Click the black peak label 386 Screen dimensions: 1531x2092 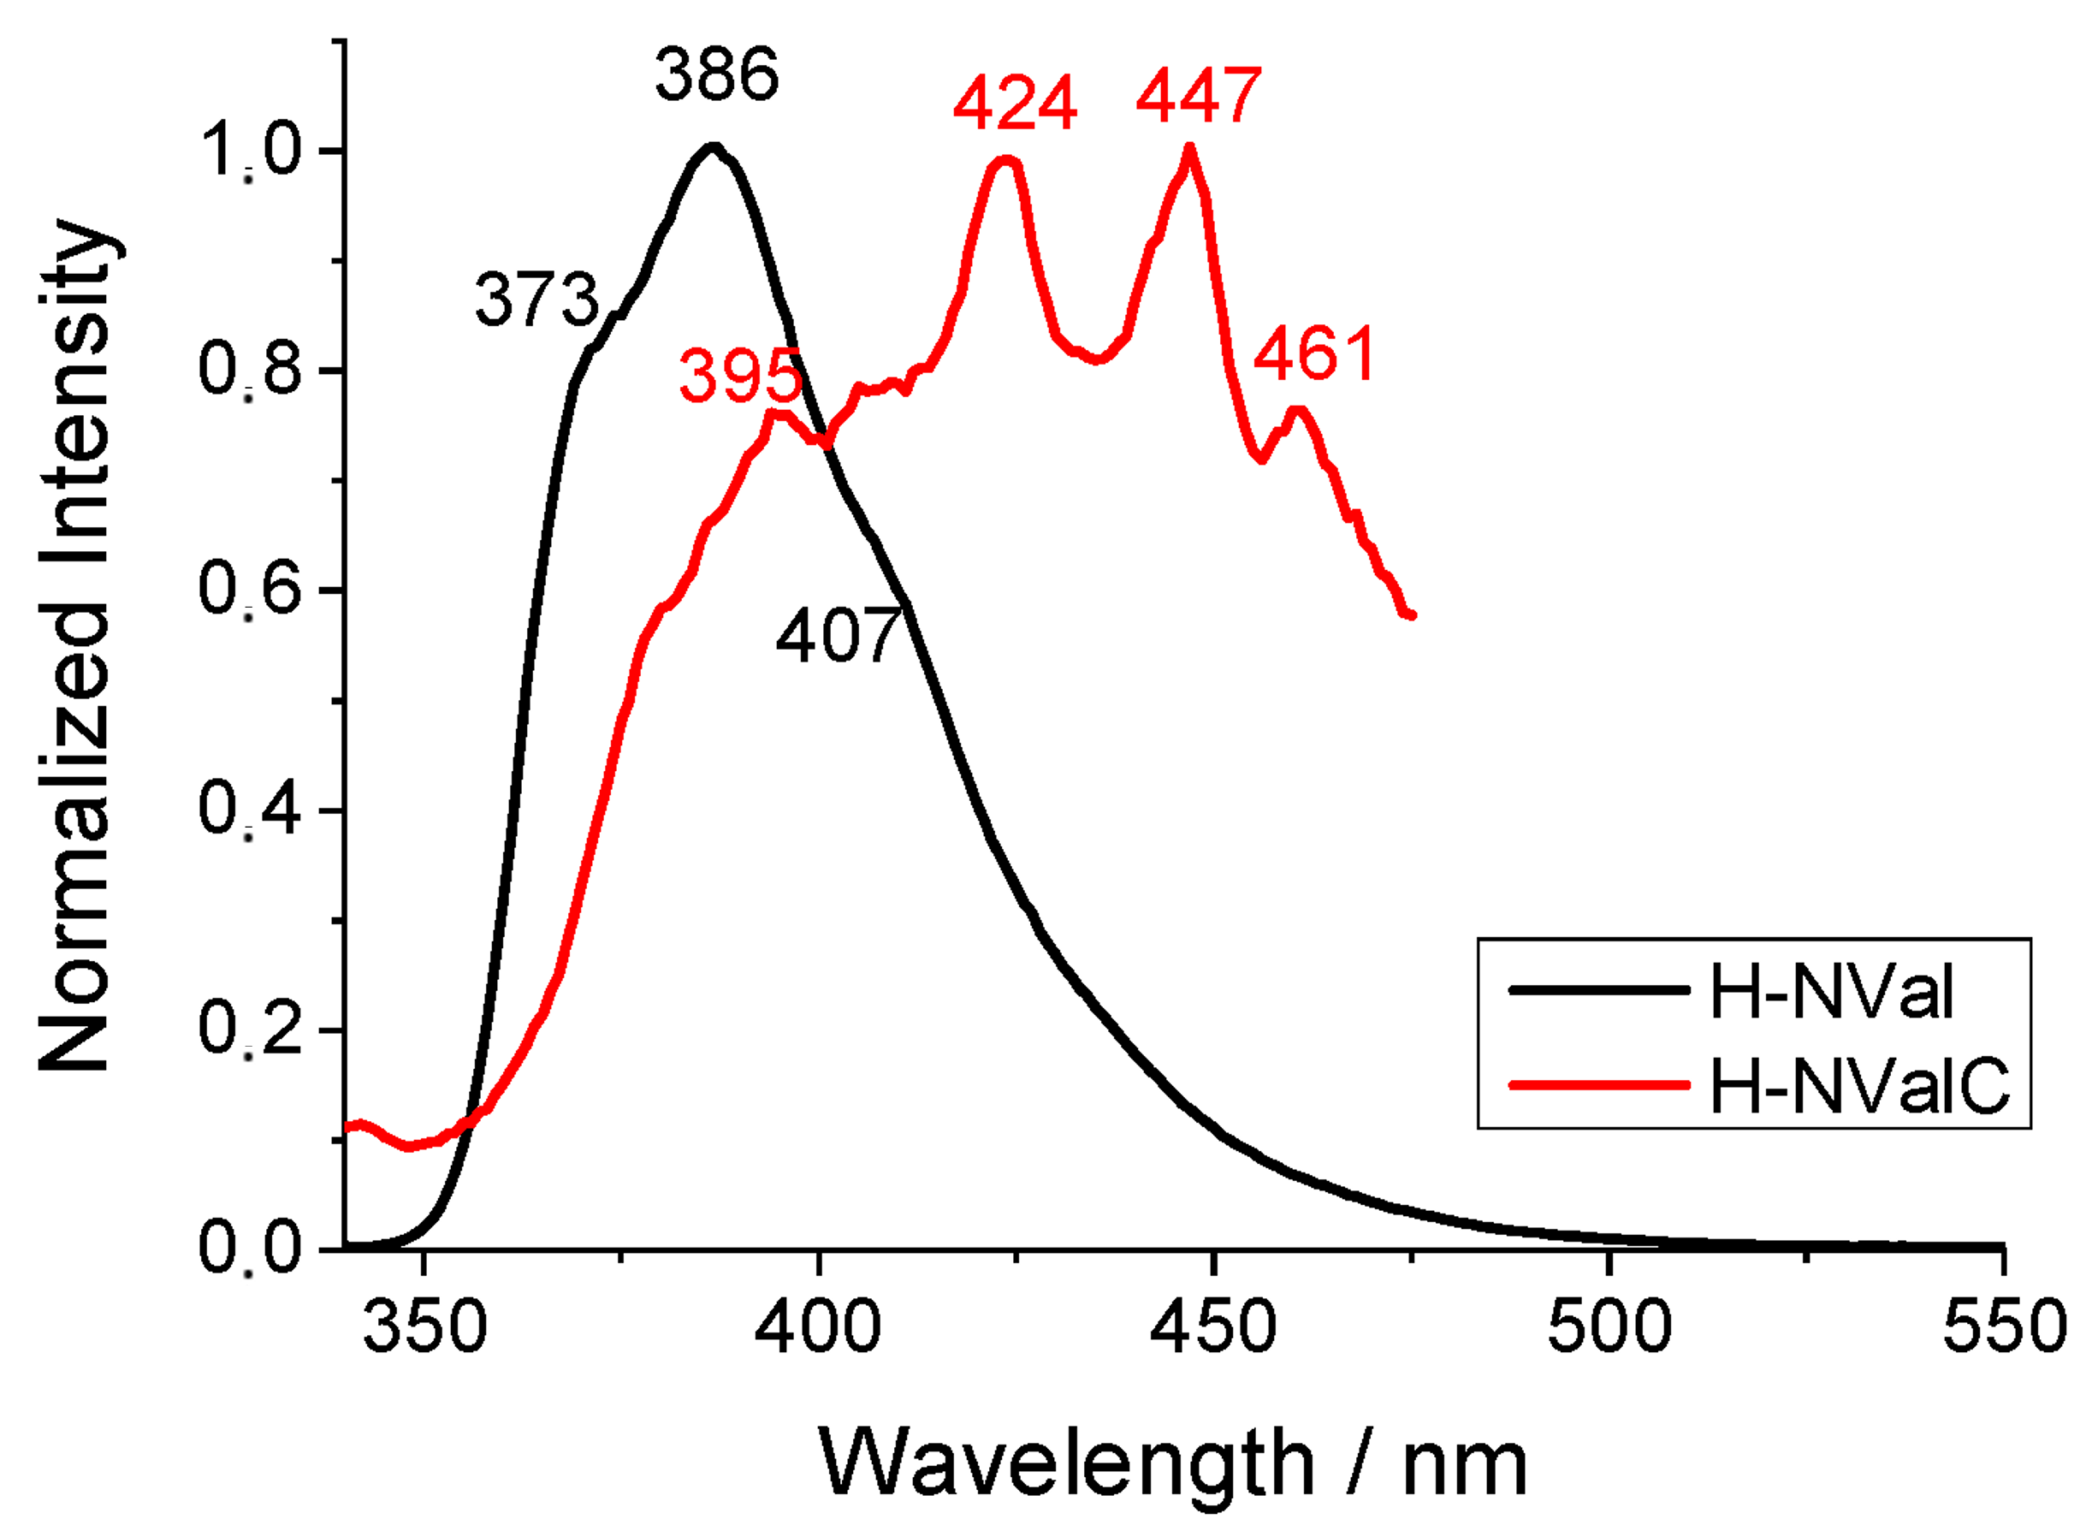[x=716, y=75]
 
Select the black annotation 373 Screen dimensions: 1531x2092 [x=536, y=300]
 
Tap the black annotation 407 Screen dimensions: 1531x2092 [x=838, y=637]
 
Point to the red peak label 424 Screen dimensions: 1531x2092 [x=1015, y=103]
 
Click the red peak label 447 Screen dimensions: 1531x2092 [x=1198, y=96]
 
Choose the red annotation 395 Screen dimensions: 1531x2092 [x=739, y=377]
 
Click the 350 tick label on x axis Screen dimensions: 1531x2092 [x=424, y=1326]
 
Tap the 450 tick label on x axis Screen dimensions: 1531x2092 [x=1212, y=1326]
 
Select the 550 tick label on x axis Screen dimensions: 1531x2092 [x=2004, y=1326]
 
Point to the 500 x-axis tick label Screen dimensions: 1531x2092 [x=1609, y=1326]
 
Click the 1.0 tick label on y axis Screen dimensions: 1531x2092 [x=251, y=151]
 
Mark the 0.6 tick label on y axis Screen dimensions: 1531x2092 [x=251, y=590]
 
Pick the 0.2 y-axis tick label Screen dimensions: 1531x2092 [x=251, y=1030]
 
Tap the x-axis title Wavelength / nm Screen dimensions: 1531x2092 [x=1172, y=1463]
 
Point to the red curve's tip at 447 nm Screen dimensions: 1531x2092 [x=1188, y=148]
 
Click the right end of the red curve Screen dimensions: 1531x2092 [x=1412, y=614]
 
